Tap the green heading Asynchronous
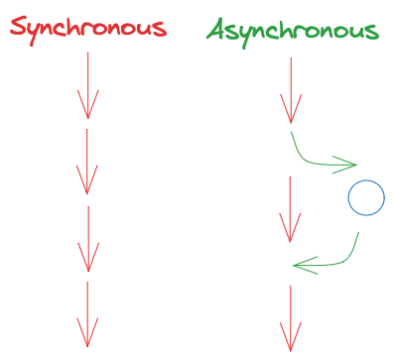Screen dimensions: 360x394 (x=293, y=30)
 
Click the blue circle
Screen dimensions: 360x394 (x=365, y=198)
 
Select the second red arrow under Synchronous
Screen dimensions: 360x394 (x=88, y=161)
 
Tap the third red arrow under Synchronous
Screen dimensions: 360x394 (x=88, y=238)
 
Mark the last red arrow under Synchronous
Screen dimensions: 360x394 (x=88, y=314)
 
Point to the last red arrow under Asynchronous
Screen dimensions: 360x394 (x=290, y=317)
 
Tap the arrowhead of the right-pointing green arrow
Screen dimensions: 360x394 (x=347, y=163)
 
